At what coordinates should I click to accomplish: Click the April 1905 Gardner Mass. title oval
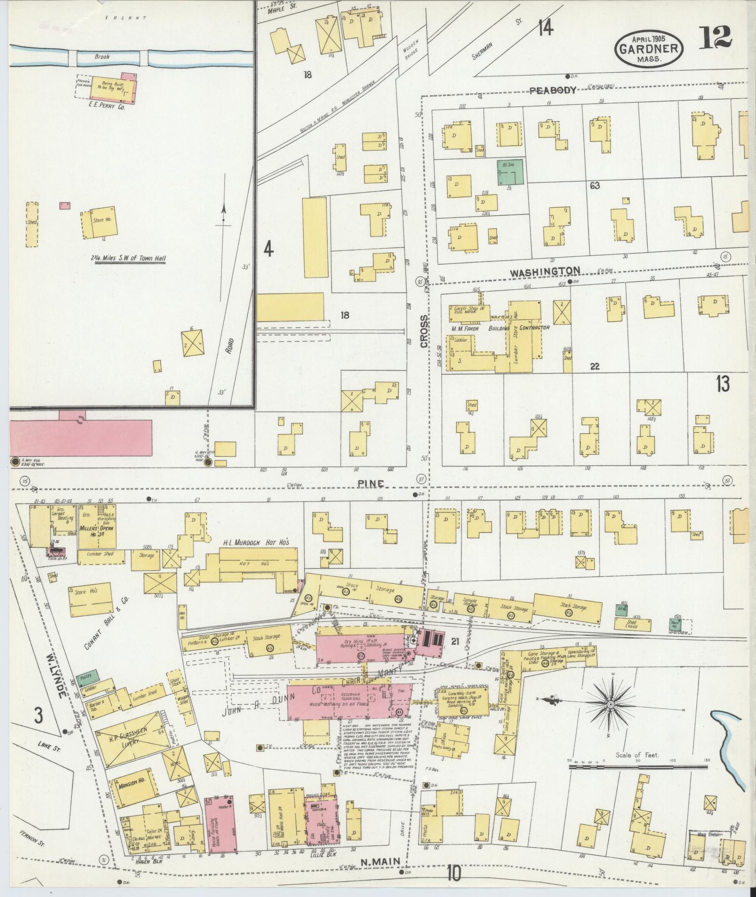[x=649, y=48]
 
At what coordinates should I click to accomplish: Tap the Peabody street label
[x=553, y=90]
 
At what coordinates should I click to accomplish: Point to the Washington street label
[x=545, y=271]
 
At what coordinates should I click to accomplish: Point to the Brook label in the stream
[x=102, y=57]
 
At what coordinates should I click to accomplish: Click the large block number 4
[x=268, y=249]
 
